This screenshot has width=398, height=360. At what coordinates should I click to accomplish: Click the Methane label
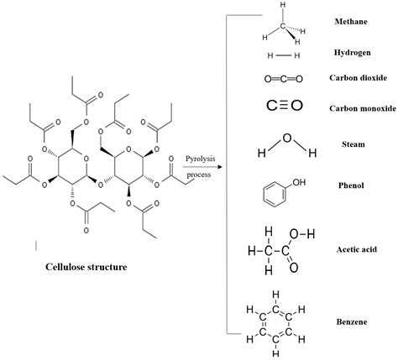pos(351,22)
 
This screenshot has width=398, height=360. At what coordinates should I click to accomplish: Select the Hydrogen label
pos(352,53)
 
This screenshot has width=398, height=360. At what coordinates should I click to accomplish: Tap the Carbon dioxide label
pos(358,77)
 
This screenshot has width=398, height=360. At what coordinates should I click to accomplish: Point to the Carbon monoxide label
pos(363,108)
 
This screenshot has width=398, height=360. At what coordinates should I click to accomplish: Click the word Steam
pos(353,144)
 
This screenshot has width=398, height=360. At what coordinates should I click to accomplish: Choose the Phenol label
pos(351,185)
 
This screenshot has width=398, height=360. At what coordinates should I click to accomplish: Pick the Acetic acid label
pos(356,249)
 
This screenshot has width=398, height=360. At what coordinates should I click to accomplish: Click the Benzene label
pos(352,321)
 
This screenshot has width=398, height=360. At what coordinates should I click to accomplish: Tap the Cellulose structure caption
pos(86,267)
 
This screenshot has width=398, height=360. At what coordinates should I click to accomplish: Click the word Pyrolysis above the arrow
pos(201,159)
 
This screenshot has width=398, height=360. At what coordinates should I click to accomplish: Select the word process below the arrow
pos(199,175)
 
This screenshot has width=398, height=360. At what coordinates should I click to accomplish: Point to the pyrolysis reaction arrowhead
pos(220,167)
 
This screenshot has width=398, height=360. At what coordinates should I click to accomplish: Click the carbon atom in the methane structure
pos(283,26)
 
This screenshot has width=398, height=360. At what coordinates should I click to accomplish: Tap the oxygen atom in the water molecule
pos(287,138)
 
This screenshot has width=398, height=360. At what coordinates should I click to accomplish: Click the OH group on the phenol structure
pos(299,182)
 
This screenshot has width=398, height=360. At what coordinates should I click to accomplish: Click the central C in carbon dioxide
pos(284,79)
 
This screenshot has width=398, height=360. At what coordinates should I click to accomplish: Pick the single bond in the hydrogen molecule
pos(284,55)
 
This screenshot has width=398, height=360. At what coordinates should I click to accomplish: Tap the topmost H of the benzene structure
pos(275,295)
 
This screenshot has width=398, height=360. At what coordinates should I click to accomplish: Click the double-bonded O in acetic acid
pos(293,268)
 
